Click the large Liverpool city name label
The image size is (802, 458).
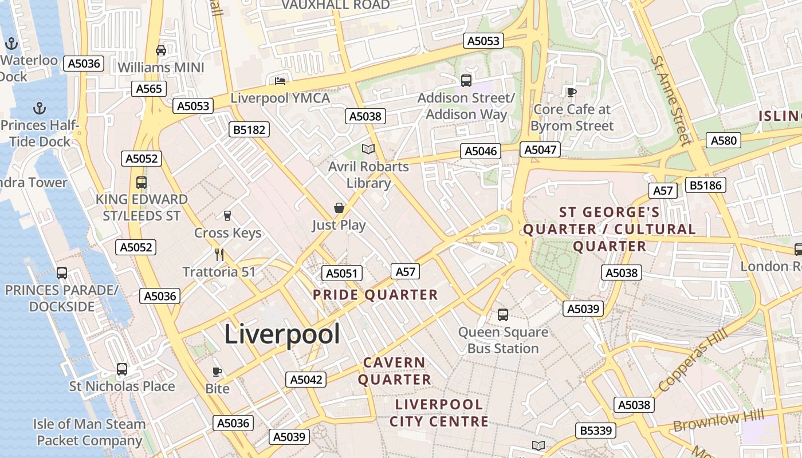point(282,334)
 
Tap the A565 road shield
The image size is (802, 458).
point(149,89)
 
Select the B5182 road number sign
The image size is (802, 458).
point(250,129)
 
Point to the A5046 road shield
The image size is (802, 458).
point(481,151)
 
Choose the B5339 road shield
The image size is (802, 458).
point(596,431)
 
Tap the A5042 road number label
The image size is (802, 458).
point(306,379)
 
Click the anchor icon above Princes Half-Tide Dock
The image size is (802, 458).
point(40,108)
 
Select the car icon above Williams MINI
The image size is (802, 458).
point(161,50)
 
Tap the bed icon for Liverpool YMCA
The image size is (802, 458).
point(280,81)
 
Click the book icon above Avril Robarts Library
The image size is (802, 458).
point(368,149)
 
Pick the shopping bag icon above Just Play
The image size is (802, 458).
point(339,208)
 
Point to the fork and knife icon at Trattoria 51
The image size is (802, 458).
point(219,254)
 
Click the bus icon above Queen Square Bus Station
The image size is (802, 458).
point(503,314)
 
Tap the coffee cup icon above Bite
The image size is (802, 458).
point(217,372)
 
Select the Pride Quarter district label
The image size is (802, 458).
point(375,295)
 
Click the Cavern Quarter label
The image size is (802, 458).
point(395,371)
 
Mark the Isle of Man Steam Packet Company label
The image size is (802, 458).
point(89,432)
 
